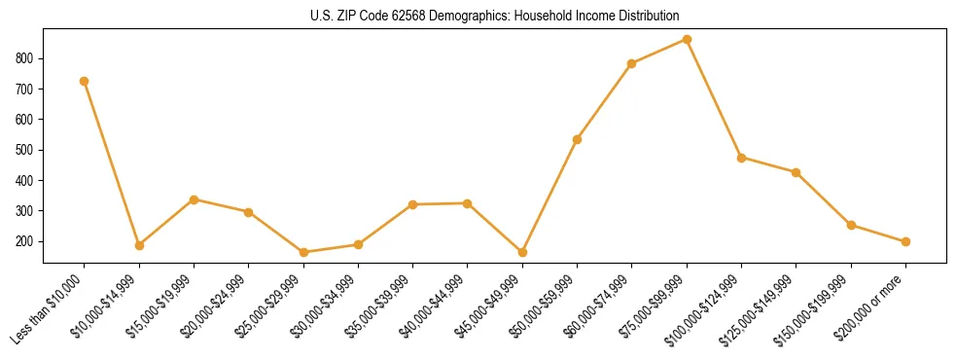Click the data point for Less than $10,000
[x=85, y=81]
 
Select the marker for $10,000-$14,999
[x=139, y=245]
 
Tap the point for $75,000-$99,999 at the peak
[x=687, y=39]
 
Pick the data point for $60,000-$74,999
[x=632, y=63]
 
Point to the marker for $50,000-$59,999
[x=578, y=139]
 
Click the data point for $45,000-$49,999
[x=522, y=252]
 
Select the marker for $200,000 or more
[x=905, y=241]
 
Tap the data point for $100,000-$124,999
[x=742, y=157]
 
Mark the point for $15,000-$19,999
[x=194, y=199]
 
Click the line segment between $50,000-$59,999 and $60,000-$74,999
[x=605, y=101]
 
